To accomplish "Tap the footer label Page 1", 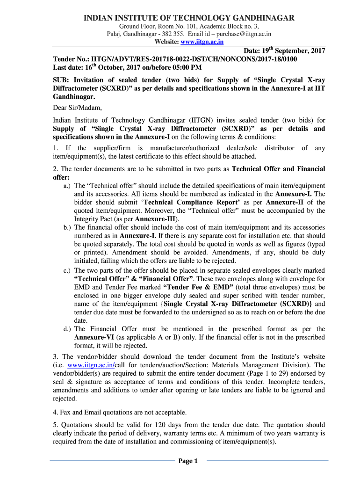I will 188,461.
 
